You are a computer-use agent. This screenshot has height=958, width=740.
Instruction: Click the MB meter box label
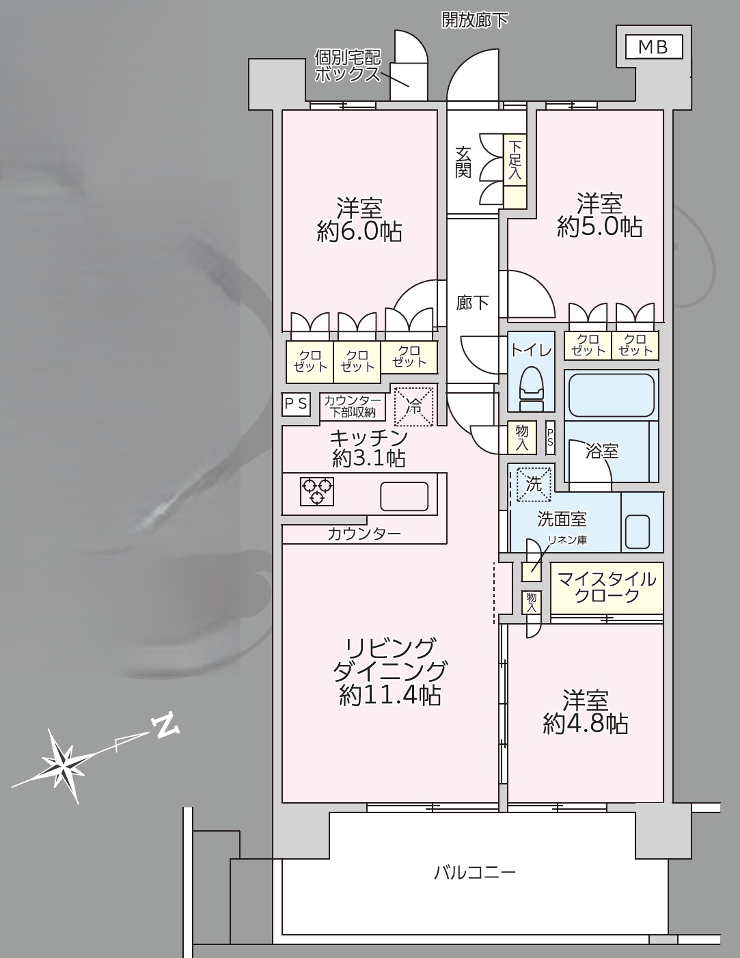[654, 47]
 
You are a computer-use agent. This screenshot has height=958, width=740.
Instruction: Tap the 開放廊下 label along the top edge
[475, 20]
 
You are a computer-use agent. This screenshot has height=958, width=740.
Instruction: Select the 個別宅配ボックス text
[347, 66]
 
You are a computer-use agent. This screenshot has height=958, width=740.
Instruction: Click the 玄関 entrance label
[463, 162]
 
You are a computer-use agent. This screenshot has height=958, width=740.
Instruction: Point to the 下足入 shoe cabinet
[515, 172]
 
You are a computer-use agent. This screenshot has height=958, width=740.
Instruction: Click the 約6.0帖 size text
[359, 232]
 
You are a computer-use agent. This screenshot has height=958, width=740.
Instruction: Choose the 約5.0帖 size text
[599, 227]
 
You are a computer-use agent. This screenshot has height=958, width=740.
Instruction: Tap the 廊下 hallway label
[472, 303]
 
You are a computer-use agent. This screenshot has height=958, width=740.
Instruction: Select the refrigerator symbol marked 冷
[414, 406]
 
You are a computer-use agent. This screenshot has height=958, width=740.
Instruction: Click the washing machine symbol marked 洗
[534, 484]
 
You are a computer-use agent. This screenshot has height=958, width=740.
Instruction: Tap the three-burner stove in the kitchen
[317, 491]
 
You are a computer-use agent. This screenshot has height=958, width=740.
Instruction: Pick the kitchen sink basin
[404, 496]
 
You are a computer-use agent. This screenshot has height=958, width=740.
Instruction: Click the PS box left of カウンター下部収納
[296, 404]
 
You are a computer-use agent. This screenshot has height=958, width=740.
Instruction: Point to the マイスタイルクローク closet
[607, 588]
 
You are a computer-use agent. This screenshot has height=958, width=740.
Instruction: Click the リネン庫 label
[567, 540]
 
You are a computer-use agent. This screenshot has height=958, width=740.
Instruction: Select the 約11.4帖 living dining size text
[390, 696]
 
